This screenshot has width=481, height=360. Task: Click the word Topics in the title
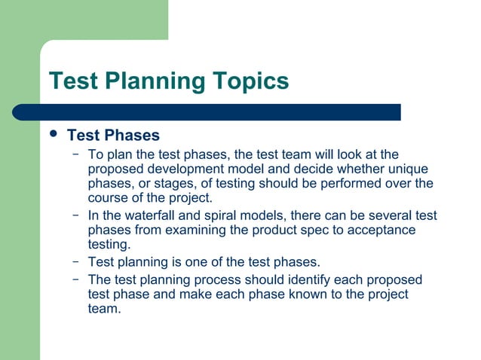pyautogui.click(x=248, y=81)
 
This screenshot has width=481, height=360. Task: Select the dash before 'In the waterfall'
pyautogui.click(x=75, y=216)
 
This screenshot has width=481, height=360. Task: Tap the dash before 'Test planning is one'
pyautogui.click(x=75, y=262)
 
